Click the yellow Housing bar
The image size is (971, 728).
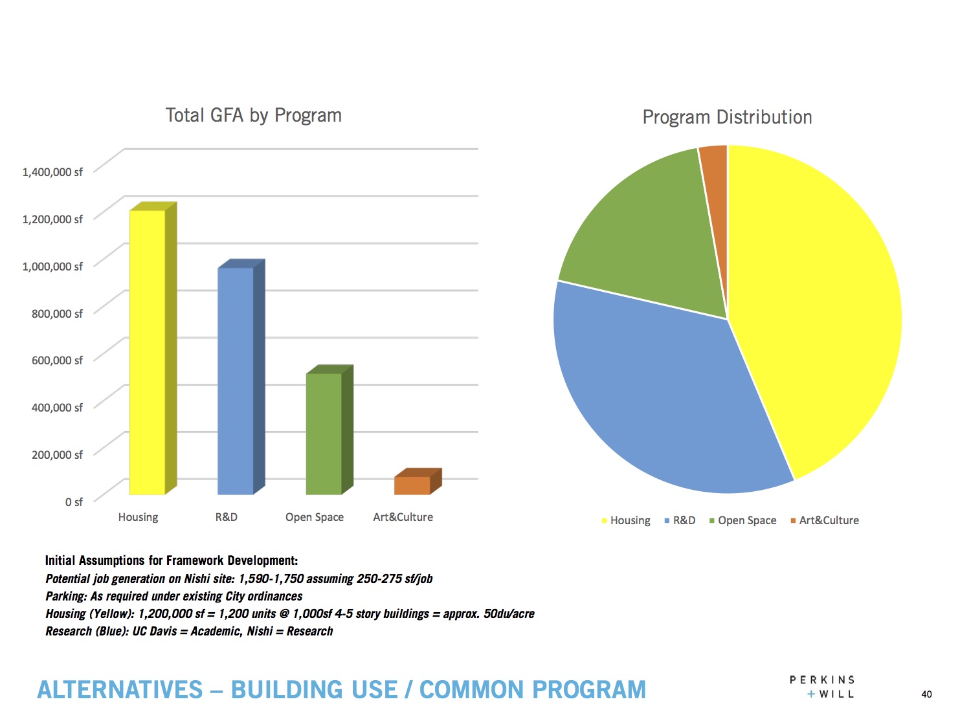pyautogui.click(x=147, y=353)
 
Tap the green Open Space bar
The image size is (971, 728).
pyautogui.click(x=324, y=434)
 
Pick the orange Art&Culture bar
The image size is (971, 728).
pyautogui.click(x=412, y=485)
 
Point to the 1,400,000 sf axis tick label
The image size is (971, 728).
pyautogui.click(x=52, y=172)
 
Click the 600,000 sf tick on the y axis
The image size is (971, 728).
pyautogui.click(x=57, y=360)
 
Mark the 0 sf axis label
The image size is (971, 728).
pyautogui.click(x=74, y=502)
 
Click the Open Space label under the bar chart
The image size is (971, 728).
pyautogui.click(x=315, y=517)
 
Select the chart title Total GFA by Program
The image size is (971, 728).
pyautogui.click(x=253, y=115)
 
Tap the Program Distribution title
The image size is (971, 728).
pyautogui.click(x=727, y=117)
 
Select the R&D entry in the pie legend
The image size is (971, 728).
pyautogui.click(x=684, y=520)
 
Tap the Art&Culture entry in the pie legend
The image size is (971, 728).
pyautogui.click(x=829, y=520)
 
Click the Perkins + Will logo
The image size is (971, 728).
pyautogui.click(x=822, y=687)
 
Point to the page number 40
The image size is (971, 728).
pyautogui.click(x=926, y=694)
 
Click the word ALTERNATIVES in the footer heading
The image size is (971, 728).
pyautogui.click(x=120, y=690)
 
